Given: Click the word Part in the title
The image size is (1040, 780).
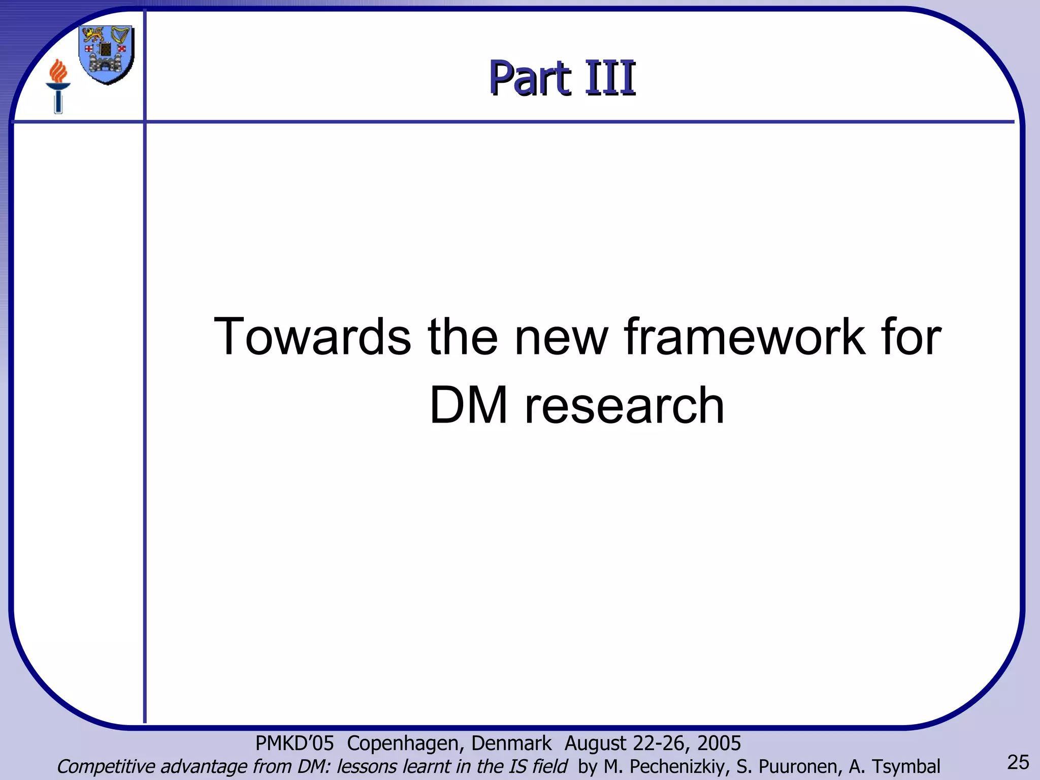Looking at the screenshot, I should click(x=530, y=78).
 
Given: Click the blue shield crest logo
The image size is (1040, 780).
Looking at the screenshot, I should click(x=107, y=54).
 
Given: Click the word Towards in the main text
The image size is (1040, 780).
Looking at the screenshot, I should click(x=312, y=337).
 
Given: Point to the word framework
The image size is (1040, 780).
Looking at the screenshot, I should click(x=743, y=337).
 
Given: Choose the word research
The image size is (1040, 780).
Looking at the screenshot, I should click(x=624, y=405).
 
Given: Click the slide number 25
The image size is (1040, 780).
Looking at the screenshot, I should click(x=1018, y=762).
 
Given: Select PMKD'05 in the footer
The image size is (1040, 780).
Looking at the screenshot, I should click(x=295, y=743).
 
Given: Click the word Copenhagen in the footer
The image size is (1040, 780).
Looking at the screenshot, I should click(x=406, y=743).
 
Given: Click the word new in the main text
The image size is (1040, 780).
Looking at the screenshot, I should click(x=561, y=337).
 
